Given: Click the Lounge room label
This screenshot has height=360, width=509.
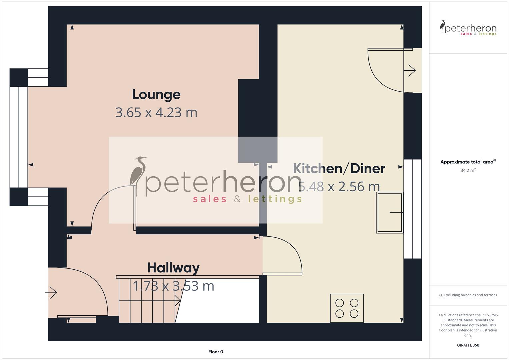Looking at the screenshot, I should click(156, 95).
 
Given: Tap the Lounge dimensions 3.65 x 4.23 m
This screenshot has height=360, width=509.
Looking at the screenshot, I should click(156, 113).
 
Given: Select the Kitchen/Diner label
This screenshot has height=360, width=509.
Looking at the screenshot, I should click(339, 169).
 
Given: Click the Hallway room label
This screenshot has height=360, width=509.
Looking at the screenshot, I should click(173, 268).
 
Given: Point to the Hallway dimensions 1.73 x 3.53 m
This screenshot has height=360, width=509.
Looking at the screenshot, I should click(173, 286).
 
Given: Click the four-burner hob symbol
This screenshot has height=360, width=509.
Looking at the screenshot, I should click(347, 308).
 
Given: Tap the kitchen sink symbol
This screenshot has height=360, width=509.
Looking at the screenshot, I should click(389, 212).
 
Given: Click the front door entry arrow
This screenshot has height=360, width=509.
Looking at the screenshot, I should click(51, 293).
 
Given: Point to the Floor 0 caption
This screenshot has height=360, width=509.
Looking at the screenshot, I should click(216, 352).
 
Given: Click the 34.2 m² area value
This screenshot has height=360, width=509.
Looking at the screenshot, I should click(468, 170).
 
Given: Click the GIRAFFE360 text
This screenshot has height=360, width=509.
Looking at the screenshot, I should click(468, 345).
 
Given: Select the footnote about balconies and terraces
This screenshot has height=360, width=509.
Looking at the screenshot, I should click(468, 295).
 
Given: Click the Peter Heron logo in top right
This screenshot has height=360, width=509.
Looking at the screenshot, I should click(468, 28).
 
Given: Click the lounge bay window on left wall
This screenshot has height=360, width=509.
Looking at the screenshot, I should click(19, 137).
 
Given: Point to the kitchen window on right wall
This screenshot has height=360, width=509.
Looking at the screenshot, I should click(413, 209).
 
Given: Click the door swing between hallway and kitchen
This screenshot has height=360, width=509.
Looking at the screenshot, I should click(283, 255).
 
